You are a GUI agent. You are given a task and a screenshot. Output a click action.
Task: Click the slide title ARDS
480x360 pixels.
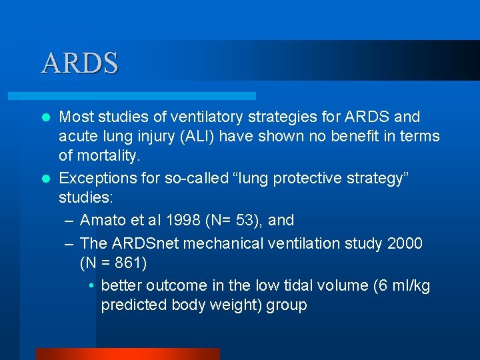(80, 63)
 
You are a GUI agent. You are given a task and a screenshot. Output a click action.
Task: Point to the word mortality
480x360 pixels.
(107, 156)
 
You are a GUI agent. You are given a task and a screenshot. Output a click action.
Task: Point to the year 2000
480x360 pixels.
(404, 243)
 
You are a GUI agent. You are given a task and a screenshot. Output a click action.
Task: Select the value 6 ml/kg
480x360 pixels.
(400, 285)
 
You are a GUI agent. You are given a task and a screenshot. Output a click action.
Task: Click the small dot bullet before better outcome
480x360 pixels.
(91, 286)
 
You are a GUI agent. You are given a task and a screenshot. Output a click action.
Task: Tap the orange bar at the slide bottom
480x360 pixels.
(127, 354)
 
